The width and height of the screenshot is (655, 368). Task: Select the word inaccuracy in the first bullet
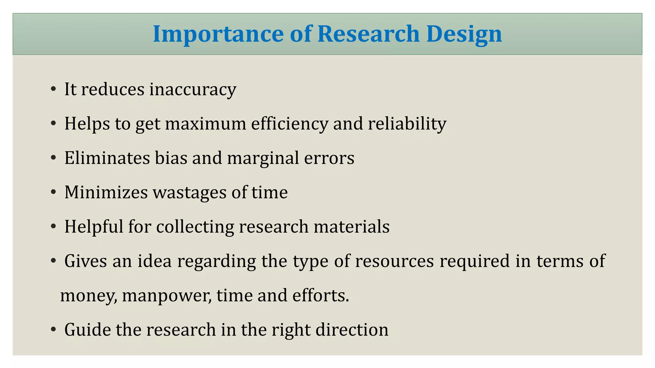click(193, 89)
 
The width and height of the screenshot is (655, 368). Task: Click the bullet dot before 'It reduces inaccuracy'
click(53, 89)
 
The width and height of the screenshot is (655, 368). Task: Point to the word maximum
click(206, 124)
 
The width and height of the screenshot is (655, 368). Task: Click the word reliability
click(407, 124)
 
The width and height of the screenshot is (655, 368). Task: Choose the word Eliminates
click(107, 158)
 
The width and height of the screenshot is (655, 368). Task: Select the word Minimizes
click(106, 192)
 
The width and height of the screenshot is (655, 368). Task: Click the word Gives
click(86, 261)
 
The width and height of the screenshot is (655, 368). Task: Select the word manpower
click(167, 296)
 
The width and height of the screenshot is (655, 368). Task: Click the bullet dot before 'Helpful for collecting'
click(53, 227)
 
